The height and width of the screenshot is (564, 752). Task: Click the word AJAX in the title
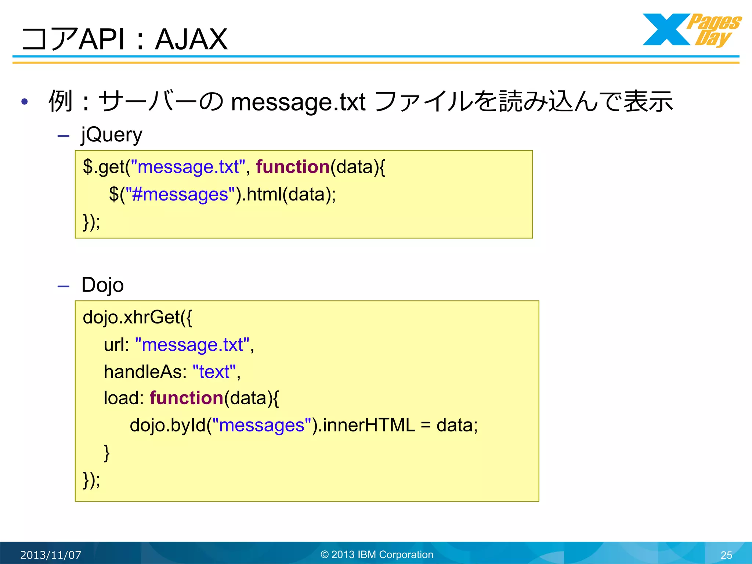[191, 40]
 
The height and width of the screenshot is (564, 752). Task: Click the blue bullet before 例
[25, 102]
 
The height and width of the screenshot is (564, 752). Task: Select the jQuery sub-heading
[112, 134]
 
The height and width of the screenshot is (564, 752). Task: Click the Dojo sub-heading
[102, 285]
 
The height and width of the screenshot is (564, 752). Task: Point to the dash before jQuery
[64, 136]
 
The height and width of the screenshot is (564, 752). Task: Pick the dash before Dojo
[64, 286]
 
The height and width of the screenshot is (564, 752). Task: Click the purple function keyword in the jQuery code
[293, 167]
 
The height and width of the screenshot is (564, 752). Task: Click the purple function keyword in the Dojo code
[187, 398]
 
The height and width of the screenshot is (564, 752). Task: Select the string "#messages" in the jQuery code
[180, 195]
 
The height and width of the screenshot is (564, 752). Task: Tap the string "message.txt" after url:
[192, 345]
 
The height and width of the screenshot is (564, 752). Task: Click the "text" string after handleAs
[214, 372]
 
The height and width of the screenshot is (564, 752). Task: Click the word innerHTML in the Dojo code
[369, 425]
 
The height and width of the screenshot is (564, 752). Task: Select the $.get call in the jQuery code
[104, 167]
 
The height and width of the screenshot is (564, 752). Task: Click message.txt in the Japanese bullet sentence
[298, 102]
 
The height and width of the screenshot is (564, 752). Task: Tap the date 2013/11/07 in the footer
[51, 555]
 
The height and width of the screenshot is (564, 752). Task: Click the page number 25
[726, 555]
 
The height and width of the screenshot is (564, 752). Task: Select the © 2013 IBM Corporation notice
[377, 554]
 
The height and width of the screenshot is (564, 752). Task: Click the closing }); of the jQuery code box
[91, 222]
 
